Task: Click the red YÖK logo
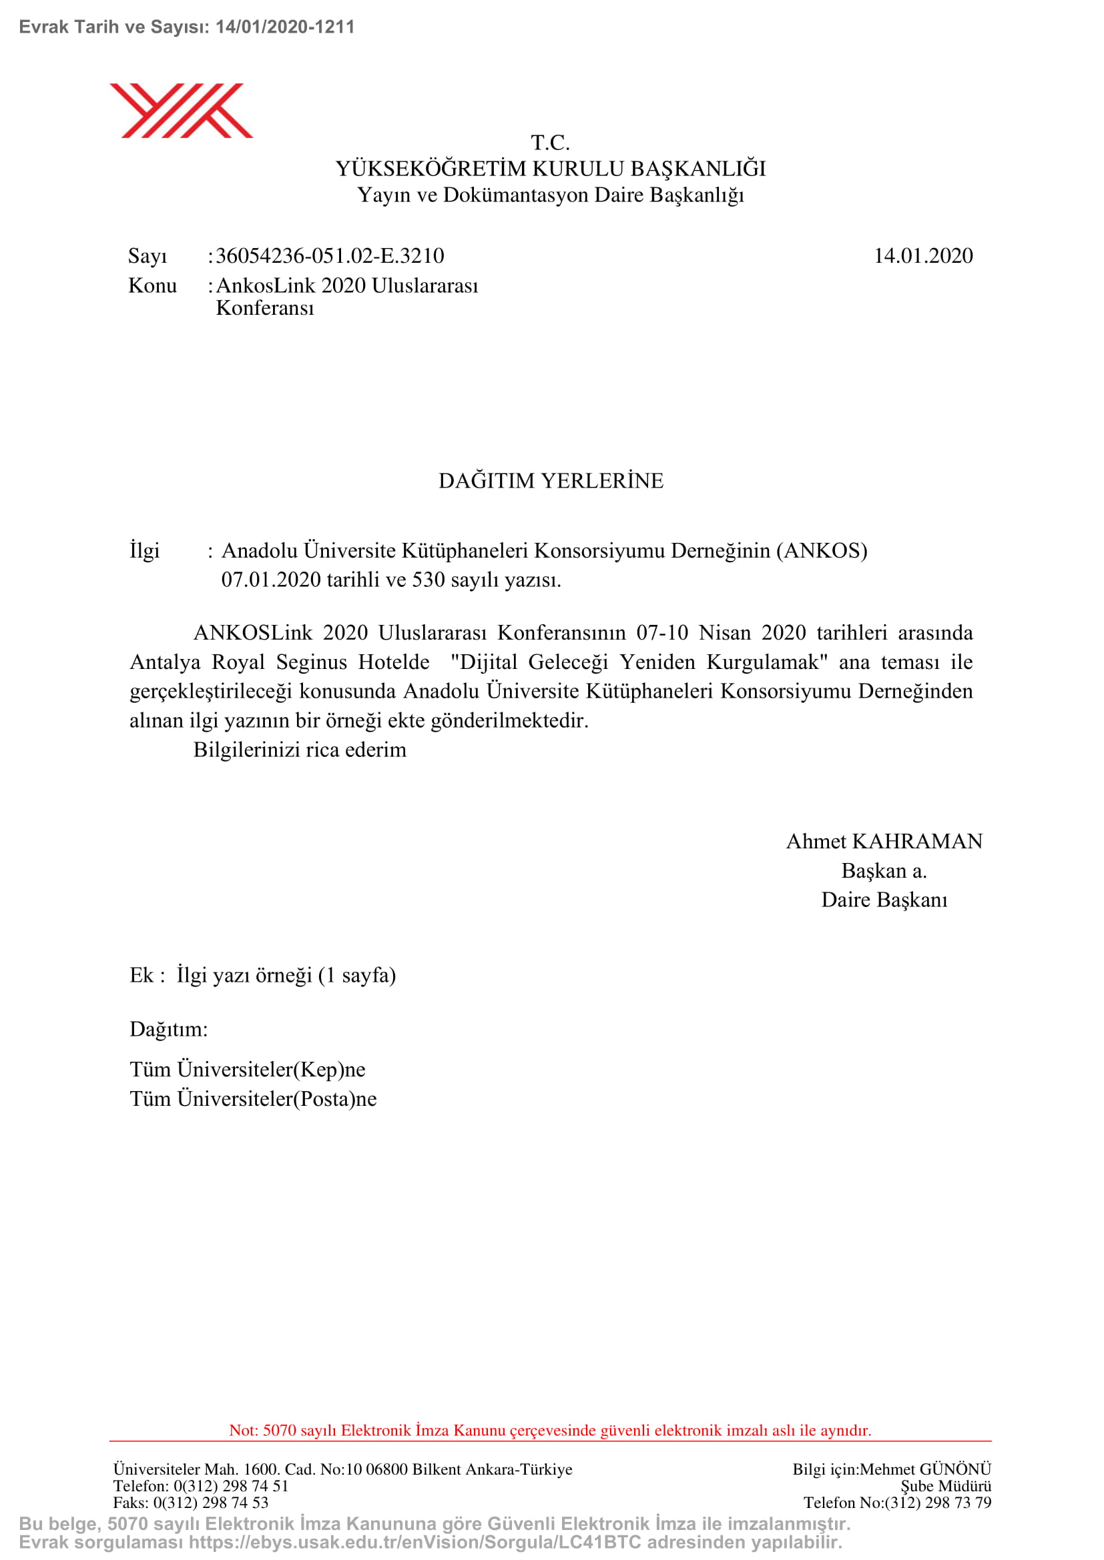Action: (181, 111)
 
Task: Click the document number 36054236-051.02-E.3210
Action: (330, 256)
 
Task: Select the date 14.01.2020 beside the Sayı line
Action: (922, 256)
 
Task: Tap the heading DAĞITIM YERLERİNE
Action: (551, 481)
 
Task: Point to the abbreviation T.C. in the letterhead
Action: (550, 143)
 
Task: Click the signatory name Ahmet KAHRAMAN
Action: (884, 842)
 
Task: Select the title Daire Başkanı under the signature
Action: (884, 900)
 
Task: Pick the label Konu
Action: (152, 286)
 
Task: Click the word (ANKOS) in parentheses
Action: (822, 550)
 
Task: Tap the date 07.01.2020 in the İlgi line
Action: (270, 580)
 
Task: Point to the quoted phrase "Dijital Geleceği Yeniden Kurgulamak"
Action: (639, 662)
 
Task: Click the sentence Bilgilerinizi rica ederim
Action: (300, 750)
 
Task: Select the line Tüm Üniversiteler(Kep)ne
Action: (248, 1069)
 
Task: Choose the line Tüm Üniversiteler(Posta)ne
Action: (253, 1098)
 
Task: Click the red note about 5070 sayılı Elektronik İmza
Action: (550, 1430)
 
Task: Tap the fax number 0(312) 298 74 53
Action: (211, 1503)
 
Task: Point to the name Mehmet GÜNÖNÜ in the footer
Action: (925, 1470)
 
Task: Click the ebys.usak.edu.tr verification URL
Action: (415, 1543)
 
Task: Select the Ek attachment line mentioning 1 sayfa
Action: (262, 976)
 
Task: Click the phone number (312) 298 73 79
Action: (938, 1503)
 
